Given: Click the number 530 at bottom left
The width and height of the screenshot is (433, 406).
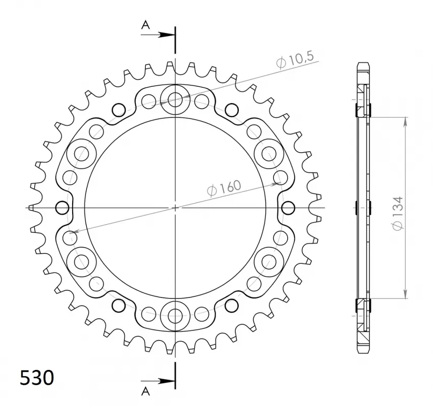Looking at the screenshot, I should tap(37, 378).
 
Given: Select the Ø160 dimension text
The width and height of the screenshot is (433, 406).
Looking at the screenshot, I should tap(224, 188).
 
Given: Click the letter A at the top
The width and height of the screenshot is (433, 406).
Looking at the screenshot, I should tap(145, 25).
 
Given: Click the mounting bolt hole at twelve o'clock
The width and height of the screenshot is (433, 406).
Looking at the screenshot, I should tap(175, 99).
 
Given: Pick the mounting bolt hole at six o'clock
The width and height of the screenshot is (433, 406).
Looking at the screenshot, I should tap(175, 315).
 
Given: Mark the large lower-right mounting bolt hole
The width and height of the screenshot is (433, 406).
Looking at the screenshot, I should tap(268, 261).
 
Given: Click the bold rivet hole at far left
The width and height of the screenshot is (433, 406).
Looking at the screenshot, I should tap(63, 208).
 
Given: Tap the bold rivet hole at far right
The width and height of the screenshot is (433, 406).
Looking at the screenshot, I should tap(288, 208).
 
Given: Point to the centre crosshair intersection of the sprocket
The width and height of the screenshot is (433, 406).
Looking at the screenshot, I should tap(175, 208).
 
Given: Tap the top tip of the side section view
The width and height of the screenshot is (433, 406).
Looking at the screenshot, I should tap(363, 63).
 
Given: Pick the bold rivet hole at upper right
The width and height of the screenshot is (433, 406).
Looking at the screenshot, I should tap(231, 109).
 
